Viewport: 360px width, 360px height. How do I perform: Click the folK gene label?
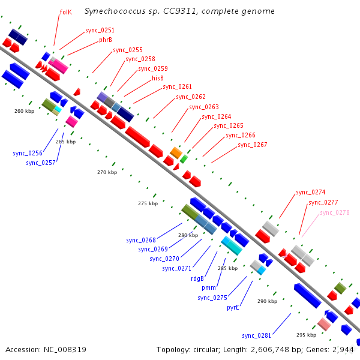(x=65, y=12)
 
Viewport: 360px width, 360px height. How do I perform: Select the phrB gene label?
(x=106, y=40)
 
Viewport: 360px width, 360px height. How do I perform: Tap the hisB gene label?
(x=158, y=78)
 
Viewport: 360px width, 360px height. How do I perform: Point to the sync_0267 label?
(x=253, y=145)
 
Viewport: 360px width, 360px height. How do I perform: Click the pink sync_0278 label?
(x=335, y=212)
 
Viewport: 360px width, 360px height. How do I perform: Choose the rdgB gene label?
(x=197, y=278)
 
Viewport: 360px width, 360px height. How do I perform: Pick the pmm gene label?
(x=208, y=288)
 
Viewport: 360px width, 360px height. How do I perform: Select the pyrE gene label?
(x=233, y=307)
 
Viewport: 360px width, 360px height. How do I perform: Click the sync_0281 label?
(x=256, y=335)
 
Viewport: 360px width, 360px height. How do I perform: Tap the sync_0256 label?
(x=28, y=153)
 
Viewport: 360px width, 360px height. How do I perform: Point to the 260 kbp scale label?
(x=25, y=111)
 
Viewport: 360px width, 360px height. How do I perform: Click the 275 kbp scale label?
(x=148, y=203)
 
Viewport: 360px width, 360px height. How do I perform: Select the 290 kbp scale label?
(x=267, y=301)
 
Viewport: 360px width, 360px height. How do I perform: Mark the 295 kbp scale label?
(x=306, y=335)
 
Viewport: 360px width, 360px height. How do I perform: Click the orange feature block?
(x=176, y=152)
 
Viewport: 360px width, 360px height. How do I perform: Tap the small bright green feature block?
(x=184, y=159)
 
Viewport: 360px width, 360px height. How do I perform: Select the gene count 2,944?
(x=343, y=350)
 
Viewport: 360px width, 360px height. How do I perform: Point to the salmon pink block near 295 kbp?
(x=324, y=324)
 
